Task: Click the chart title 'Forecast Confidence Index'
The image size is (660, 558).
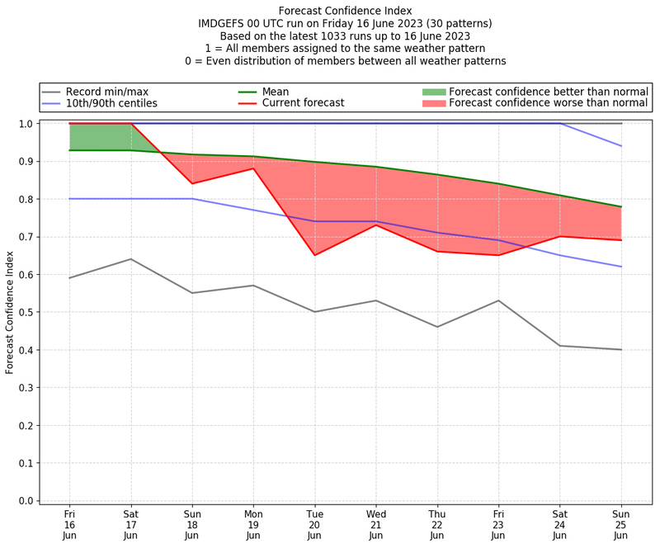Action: tap(345, 11)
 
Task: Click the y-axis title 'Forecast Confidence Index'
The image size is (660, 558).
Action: tap(10, 312)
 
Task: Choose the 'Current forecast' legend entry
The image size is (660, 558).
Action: tap(303, 103)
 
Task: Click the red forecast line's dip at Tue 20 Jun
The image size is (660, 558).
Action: tap(314, 255)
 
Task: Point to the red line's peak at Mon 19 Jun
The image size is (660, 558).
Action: tap(253, 168)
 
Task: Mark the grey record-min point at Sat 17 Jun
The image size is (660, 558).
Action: tap(130, 259)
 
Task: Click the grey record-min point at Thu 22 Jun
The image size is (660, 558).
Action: tap(437, 327)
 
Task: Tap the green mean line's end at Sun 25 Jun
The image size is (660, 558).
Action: tap(621, 206)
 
